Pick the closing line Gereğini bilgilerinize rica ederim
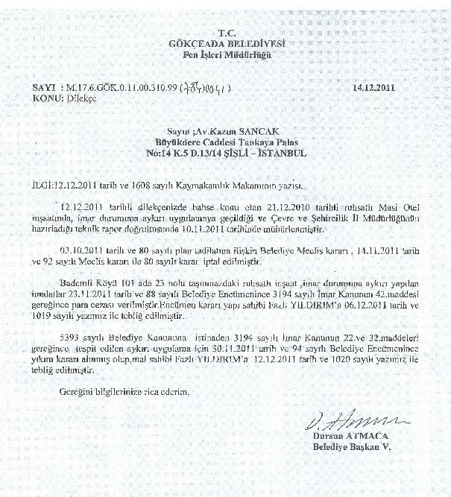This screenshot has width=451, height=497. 124,391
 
